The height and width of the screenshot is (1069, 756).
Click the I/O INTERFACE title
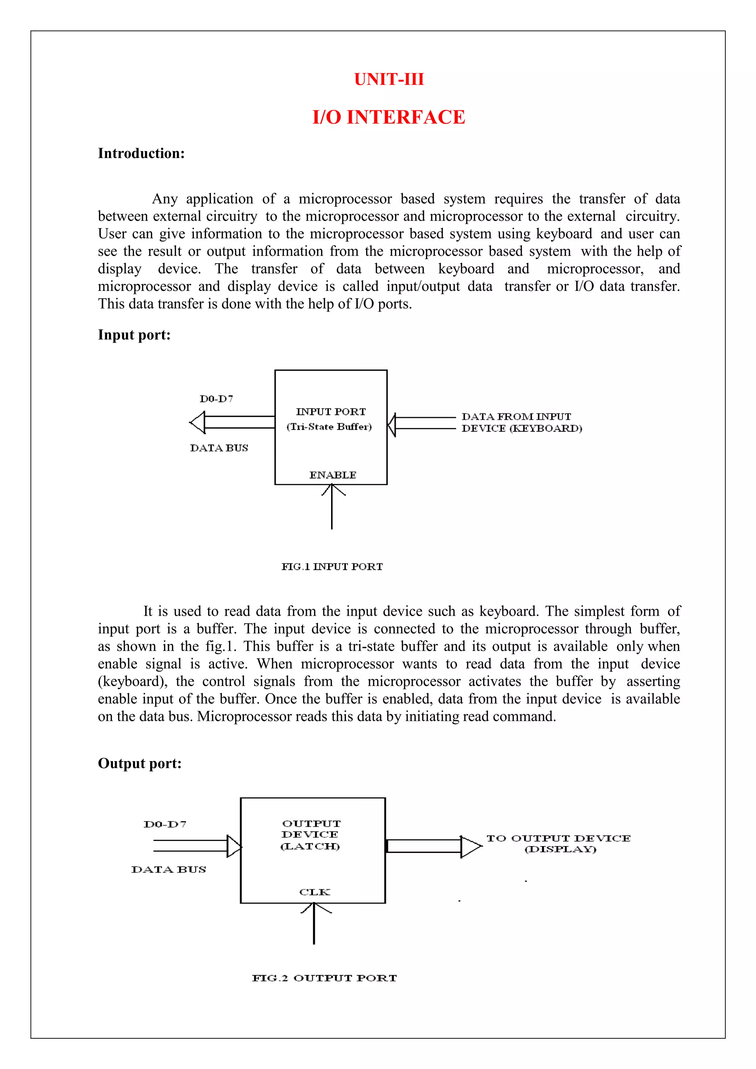[389, 117]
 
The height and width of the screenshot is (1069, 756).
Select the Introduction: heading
[141, 153]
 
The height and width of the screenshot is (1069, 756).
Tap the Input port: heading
[134, 335]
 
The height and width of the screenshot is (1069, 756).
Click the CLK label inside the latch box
[314, 891]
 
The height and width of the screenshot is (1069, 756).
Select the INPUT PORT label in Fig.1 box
[331, 412]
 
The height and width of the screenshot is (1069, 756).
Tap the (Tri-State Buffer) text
[329, 426]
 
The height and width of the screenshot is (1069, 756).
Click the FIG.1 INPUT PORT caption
[332, 567]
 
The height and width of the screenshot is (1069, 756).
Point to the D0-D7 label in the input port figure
[216, 399]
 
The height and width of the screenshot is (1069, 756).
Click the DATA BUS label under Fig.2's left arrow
[169, 869]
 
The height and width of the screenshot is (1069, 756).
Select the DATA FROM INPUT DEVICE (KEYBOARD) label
[521, 422]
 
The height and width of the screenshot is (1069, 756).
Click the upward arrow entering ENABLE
[332, 508]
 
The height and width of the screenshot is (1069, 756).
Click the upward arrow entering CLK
[314, 924]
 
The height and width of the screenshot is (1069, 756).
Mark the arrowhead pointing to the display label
[470, 846]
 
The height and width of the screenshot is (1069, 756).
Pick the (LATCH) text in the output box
[310, 846]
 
